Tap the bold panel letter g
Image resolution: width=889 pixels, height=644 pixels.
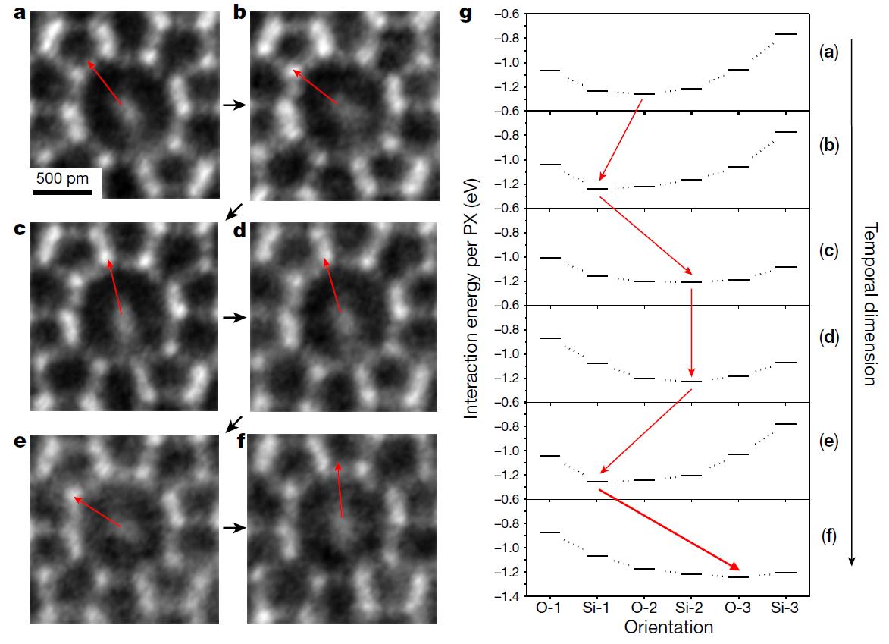point(468,13)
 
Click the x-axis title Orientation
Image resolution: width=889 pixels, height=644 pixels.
point(669,627)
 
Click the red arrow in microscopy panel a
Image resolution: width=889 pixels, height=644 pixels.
point(105,83)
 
